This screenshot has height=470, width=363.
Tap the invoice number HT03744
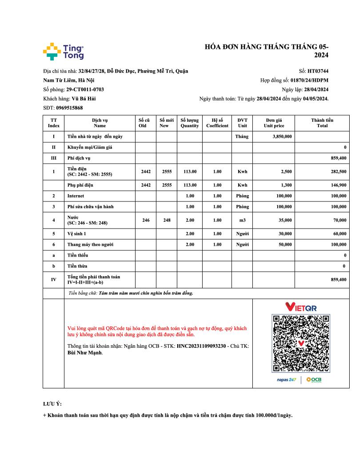[x=318, y=71]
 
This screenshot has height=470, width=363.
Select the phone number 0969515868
[x=69, y=108]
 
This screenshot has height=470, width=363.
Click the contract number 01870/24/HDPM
[x=309, y=80]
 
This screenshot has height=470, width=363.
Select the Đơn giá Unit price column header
[x=274, y=123]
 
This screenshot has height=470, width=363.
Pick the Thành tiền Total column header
[x=322, y=123]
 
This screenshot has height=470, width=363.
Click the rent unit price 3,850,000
[x=282, y=136]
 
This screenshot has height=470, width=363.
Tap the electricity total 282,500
[x=337, y=171]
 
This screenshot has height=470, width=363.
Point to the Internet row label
[x=76, y=196]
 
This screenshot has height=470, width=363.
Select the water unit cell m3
[x=242, y=220]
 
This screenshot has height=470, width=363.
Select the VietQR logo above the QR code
[x=301, y=307]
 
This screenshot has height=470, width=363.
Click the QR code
[x=301, y=343]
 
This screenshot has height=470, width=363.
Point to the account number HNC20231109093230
[x=201, y=346]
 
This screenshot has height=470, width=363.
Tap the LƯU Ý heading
[x=52, y=404]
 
